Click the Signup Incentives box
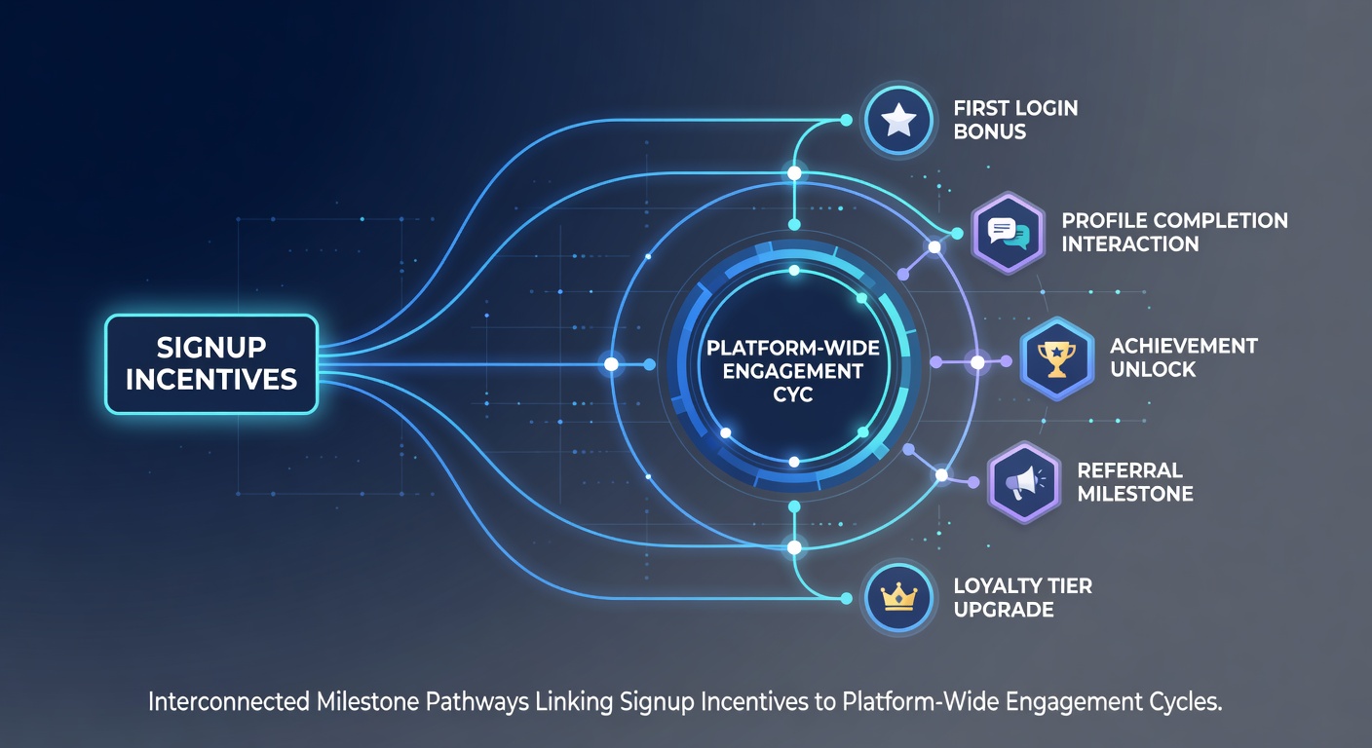[211, 364]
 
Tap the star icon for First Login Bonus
[897, 120]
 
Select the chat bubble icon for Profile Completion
[1008, 233]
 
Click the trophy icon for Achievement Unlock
[1056, 358]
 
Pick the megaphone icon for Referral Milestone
[1024, 483]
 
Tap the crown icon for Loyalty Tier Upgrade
[897, 598]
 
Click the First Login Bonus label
[1015, 120]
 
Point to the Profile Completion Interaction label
[1174, 233]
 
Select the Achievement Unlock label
[1183, 357]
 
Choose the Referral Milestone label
[1135, 482]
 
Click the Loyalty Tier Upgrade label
[1023, 597]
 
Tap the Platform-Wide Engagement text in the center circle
[793, 359]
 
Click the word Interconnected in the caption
[228, 701]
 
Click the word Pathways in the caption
[477, 702]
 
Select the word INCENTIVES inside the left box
[211, 380]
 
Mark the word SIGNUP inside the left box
[211, 348]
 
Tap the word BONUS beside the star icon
[990, 131]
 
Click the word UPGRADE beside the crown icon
[1004, 610]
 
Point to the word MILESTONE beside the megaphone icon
[1135, 494]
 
